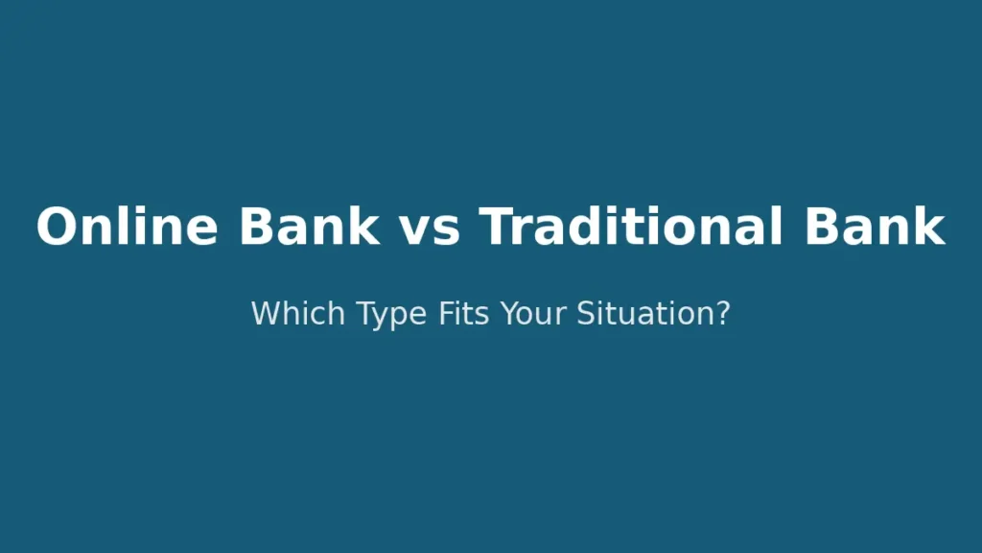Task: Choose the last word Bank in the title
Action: click(x=875, y=228)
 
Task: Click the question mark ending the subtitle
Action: click(x=723, y=313)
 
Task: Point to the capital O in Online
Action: click(x=57, y=228)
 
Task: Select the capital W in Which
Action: click(x=264, y=313)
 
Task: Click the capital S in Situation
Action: click(x=585, y=313)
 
